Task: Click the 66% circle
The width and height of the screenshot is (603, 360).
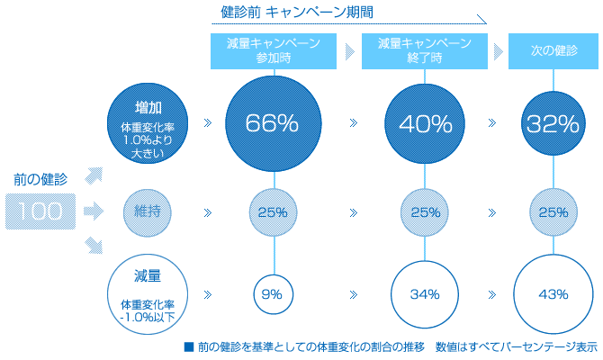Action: pyautogui.click(x=273, y=123)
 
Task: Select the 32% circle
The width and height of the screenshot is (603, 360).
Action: pyautogui.click(x=553, y=123)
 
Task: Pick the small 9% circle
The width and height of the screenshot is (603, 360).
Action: pyautogui.click(x=273, y=293)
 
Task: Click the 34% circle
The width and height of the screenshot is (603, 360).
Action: pyautogui.click(x=424, y=293)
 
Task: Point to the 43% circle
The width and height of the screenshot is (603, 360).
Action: pyautogui.click(x=553, y=293)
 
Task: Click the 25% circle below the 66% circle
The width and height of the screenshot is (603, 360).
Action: pyautogui.click(x=273, y=212)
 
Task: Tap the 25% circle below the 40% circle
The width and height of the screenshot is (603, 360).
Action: pyautogui.click(x=424, y=212)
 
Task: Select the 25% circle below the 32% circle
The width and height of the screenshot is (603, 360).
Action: pyautogui.click(x=553, y=212)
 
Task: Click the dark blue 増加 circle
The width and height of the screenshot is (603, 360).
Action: pyautogui.click(x=147, y=123)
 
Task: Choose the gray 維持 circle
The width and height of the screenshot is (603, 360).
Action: pyautogui.click(x=147, y=212)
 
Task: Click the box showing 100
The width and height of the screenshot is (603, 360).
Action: pyautogui.click(x=40, y=212)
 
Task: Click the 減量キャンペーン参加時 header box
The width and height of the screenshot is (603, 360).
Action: pyautogui.click(x=274, y=50)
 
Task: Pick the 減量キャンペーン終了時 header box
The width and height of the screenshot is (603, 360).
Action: pyautogui.click(x=424, y=50)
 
